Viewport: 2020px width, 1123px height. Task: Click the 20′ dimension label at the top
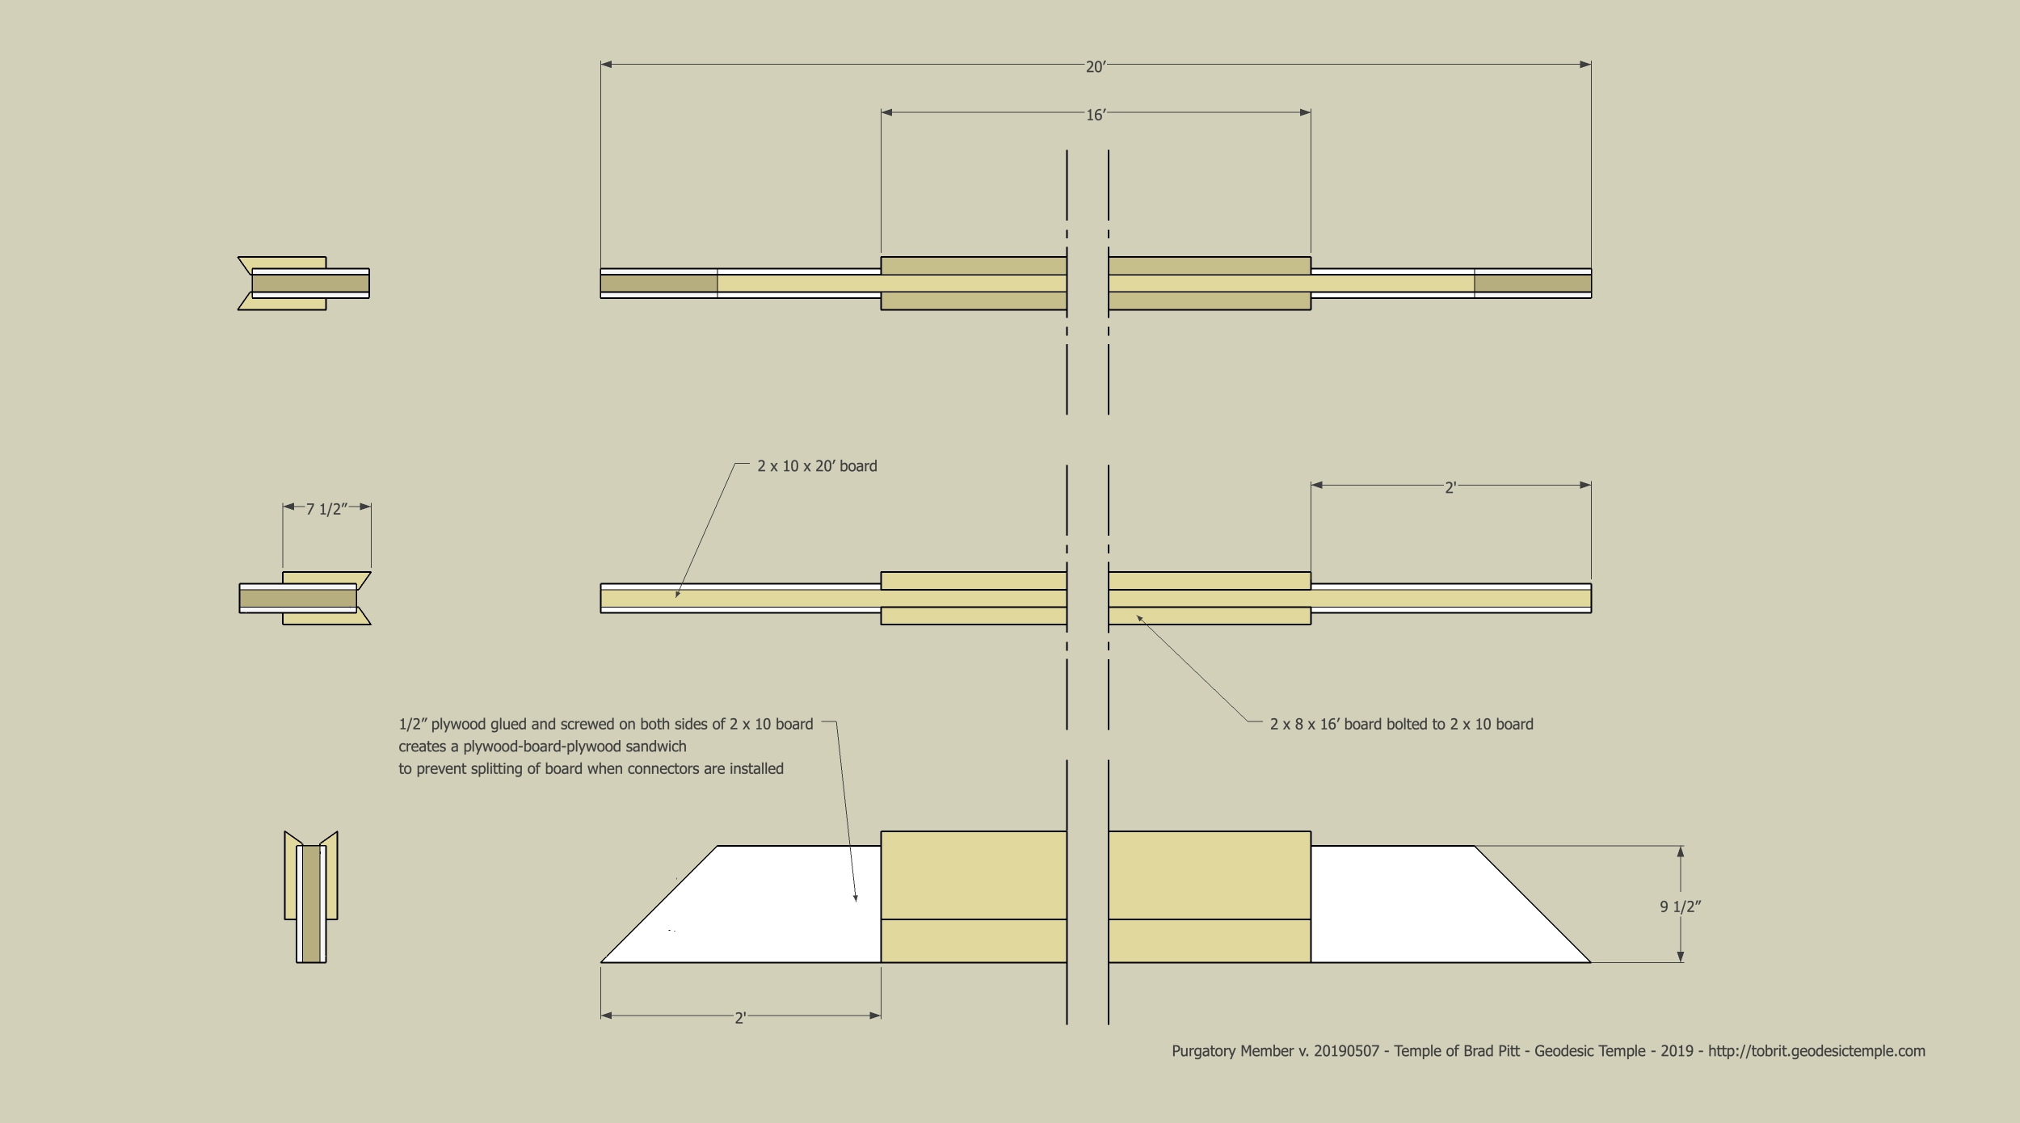click(1096, 67)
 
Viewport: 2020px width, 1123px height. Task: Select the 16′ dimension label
click(1096, 116)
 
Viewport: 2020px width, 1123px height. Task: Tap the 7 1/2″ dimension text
click(326, 509)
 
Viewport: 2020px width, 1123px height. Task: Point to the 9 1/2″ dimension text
click(1681, 906)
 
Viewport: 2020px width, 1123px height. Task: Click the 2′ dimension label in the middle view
click(1450, 488)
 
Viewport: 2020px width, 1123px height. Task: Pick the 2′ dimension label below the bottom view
click(739, 1018)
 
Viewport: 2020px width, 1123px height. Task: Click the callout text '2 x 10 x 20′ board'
click(817, 466)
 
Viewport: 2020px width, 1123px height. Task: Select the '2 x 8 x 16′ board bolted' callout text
click(1401, 724)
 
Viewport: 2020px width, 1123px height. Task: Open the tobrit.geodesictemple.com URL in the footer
click(1816, 1051)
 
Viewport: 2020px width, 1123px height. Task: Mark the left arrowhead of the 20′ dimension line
click(606, 64)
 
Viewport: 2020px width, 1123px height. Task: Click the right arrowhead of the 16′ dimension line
click(1305, 112)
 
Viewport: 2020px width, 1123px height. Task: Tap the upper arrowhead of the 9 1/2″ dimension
click(1681, 852)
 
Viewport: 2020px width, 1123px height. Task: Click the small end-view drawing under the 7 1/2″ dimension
click(305, 599)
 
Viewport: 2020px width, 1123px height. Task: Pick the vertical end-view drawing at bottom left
click(311, 896)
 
